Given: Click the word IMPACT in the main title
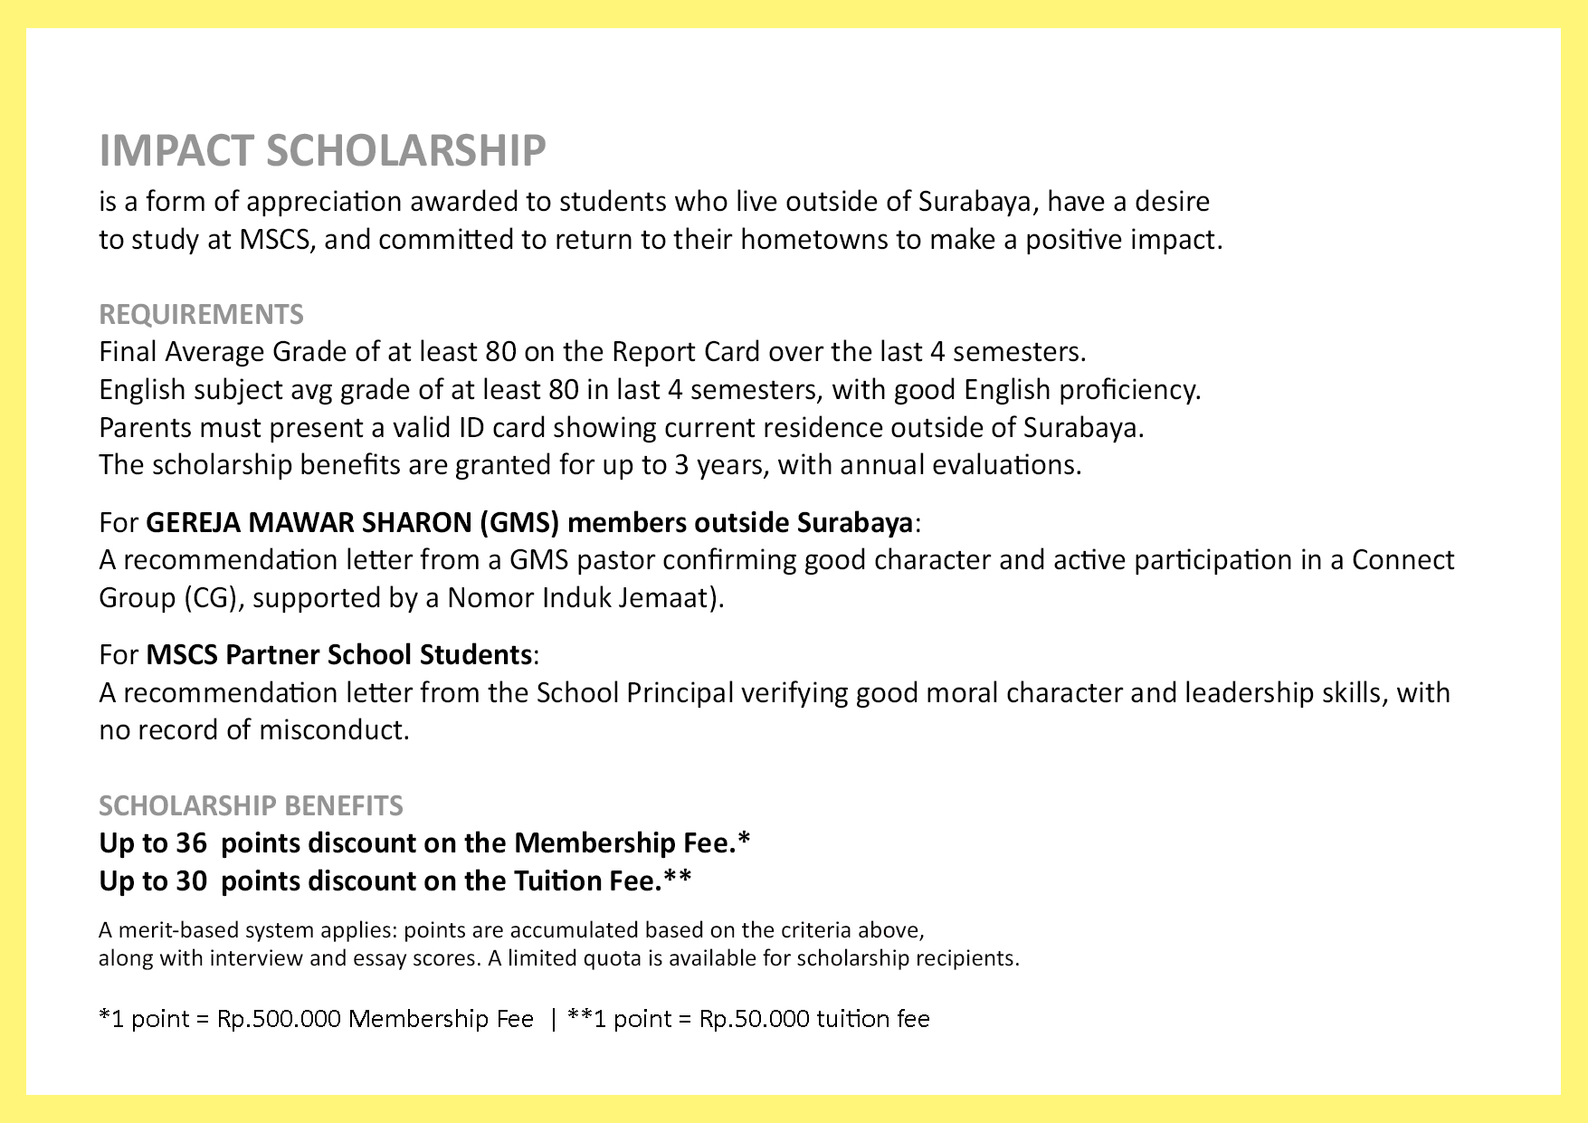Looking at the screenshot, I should click(x=176, y=150).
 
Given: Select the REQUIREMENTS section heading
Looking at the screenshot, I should click(x=201, y=314).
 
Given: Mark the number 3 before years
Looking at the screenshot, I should click(x=680, y=465).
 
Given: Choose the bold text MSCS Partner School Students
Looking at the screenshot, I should click(x=338, y=654).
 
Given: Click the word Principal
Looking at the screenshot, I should click(x=680, y=693).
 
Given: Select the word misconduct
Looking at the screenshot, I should click(x=333, y=730).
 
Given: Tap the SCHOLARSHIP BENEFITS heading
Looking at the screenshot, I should click(x=251, y=805).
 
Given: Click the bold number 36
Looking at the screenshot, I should click(x=191, y=843).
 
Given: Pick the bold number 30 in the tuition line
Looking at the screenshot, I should click(x=191, y=881).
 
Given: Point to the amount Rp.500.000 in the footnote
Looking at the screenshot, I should click(x=279, y=1020).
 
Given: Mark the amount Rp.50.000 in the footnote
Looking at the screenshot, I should click(x=754, y=1020).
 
